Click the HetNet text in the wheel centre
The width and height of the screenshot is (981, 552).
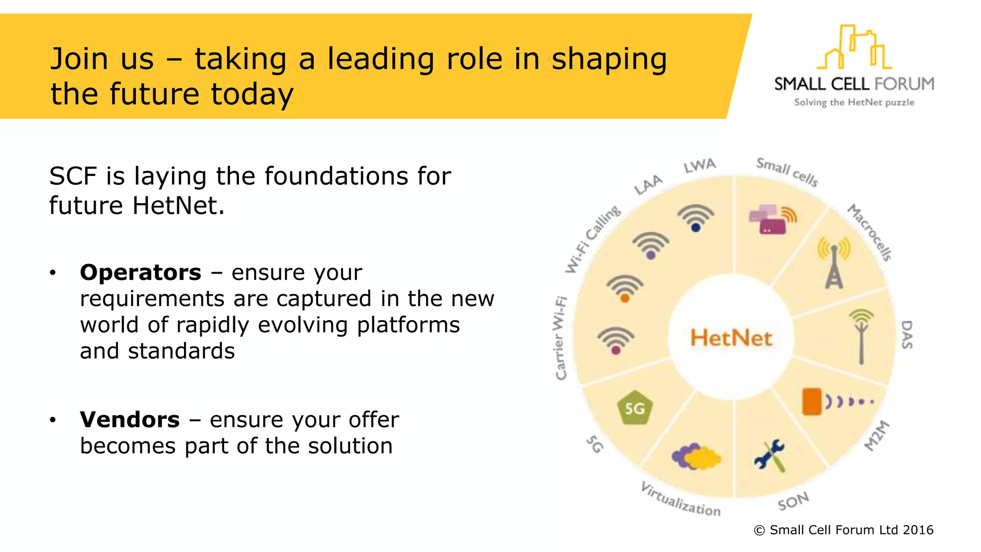click(x=731, y=338)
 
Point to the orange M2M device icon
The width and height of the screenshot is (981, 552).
click(x=812, y=401)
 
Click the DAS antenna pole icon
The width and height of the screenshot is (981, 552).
click(x=861, y=336)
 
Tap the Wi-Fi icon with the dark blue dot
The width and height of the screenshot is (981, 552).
click(x=696, y=218)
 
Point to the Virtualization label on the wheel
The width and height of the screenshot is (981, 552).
click(x=680, y=500)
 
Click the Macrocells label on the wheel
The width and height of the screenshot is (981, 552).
click(x=869, y=232)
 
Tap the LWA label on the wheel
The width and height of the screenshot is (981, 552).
click(x=699, y=166)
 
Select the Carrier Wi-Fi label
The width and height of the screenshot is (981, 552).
click(x=560, y=338)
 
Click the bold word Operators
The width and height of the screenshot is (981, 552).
click(x=140, y=273)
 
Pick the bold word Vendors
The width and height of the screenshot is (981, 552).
click(x=130, y=420)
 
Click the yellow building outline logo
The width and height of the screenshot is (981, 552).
click(x=854, y=48)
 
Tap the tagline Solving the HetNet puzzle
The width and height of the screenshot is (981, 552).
click(x=854, y=102)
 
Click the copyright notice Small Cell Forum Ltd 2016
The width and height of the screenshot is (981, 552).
click(x=844, y=530)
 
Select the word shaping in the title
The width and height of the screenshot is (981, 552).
click(x=609, y=59)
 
